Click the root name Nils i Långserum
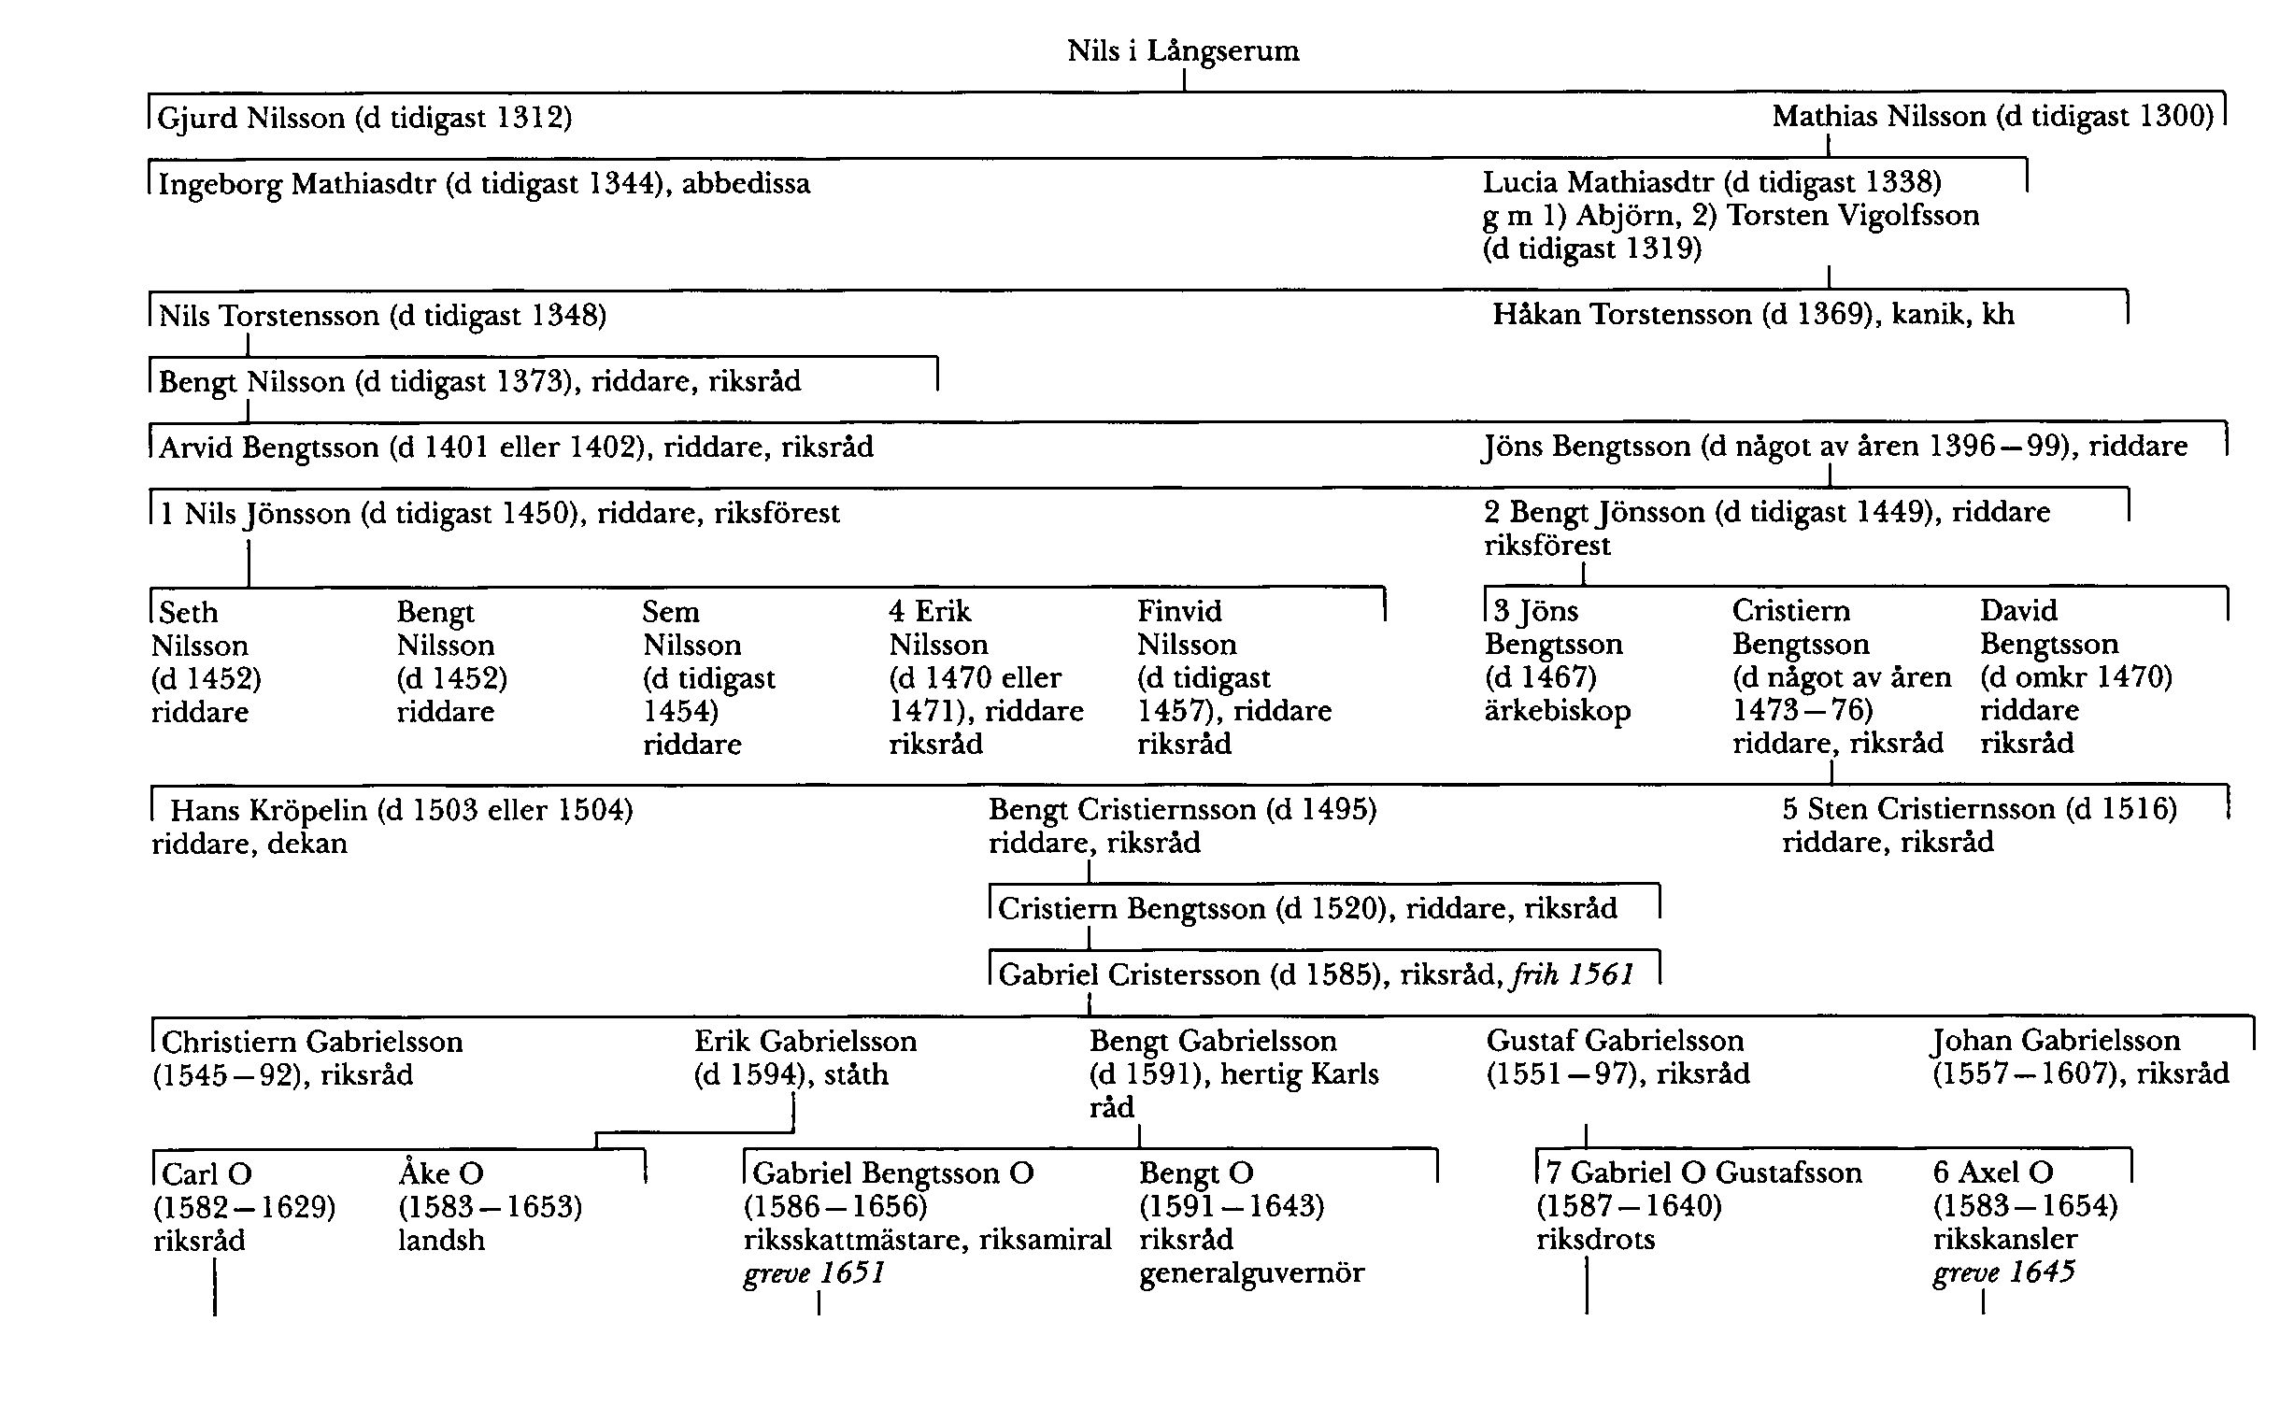pyautogui.click(x=1183, y=50)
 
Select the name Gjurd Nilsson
pyautogui.click(x=251, y=118)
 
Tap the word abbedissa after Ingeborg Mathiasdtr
pyautogui.click(x=746, y=183)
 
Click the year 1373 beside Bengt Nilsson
pyautogui.click(x=533, y=381)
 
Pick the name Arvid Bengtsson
pyautogui.click(x=269, y=447)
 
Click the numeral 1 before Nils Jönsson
pyautogui.click(x=166, y=513)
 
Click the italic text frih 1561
pyautogui.click(x=1572, y=974)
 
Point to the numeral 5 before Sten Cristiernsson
pyautogui.click(x=1790, y=809)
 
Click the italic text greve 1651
pyautogui.click(x=814, y=1273)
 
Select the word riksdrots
pyautogui.click(x=1595, y=1240)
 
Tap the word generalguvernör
pyautogui.click(x=1251, y=1273)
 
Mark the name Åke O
pyautogui.click(x=441, y=1172)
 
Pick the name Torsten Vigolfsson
pyautogui.click(x=1852, y=215)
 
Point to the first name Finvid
pyautogui.click(x=1179, y=611)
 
